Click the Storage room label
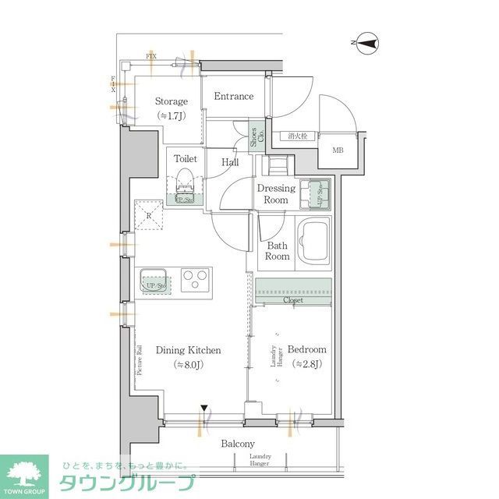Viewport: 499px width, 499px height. [x=171, y=101]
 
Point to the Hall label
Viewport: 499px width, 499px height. [x=230, y=162]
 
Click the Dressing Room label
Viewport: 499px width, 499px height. [x=276, y=194]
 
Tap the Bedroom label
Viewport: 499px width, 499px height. [x=307, y=350]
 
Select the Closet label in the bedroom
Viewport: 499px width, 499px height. [x=292, y=300]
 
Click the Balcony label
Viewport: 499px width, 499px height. [x=238, y=444]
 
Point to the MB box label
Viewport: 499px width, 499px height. [x=339, y=150]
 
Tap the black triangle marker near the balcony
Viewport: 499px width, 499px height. [x=203, y=409]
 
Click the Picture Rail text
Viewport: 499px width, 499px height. [x=140, y=360]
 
